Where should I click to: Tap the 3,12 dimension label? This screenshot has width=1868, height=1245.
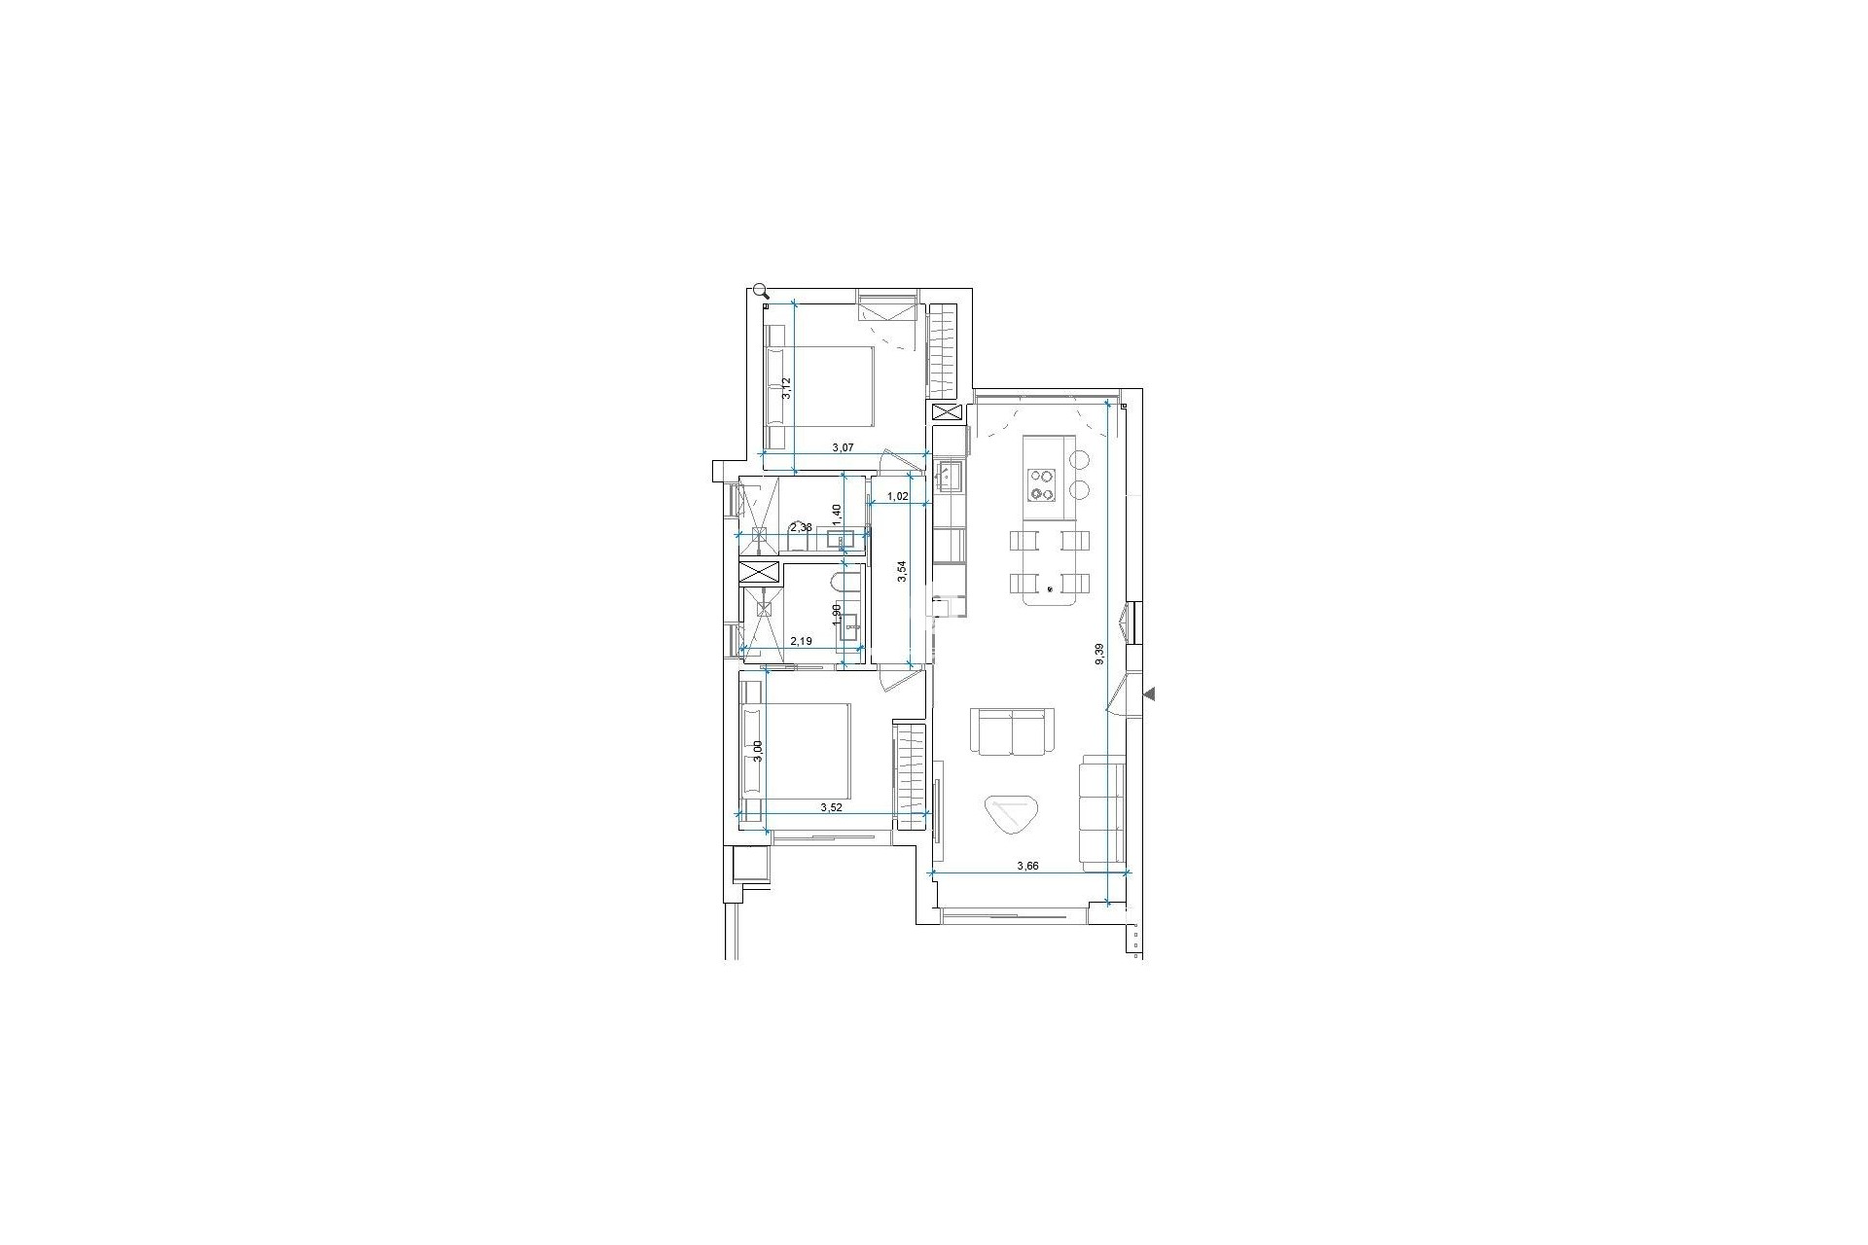787,389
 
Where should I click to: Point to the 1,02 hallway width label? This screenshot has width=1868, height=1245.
897,496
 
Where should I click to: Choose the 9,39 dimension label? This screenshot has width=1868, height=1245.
1099,654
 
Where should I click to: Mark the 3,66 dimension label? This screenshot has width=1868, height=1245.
1028,866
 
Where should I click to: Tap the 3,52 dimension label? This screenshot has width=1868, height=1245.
831,807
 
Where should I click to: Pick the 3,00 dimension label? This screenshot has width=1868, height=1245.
758,752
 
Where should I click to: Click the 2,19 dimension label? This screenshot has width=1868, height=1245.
802,642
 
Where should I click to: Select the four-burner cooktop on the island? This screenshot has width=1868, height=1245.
1043,484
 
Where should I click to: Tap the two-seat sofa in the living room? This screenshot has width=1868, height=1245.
1012,732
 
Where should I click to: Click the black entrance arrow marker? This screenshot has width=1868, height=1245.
1149,694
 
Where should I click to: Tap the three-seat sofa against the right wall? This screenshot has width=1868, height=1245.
1102,810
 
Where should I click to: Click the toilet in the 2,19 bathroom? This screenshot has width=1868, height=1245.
845,587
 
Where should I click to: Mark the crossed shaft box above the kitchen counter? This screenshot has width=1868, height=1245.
947,411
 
